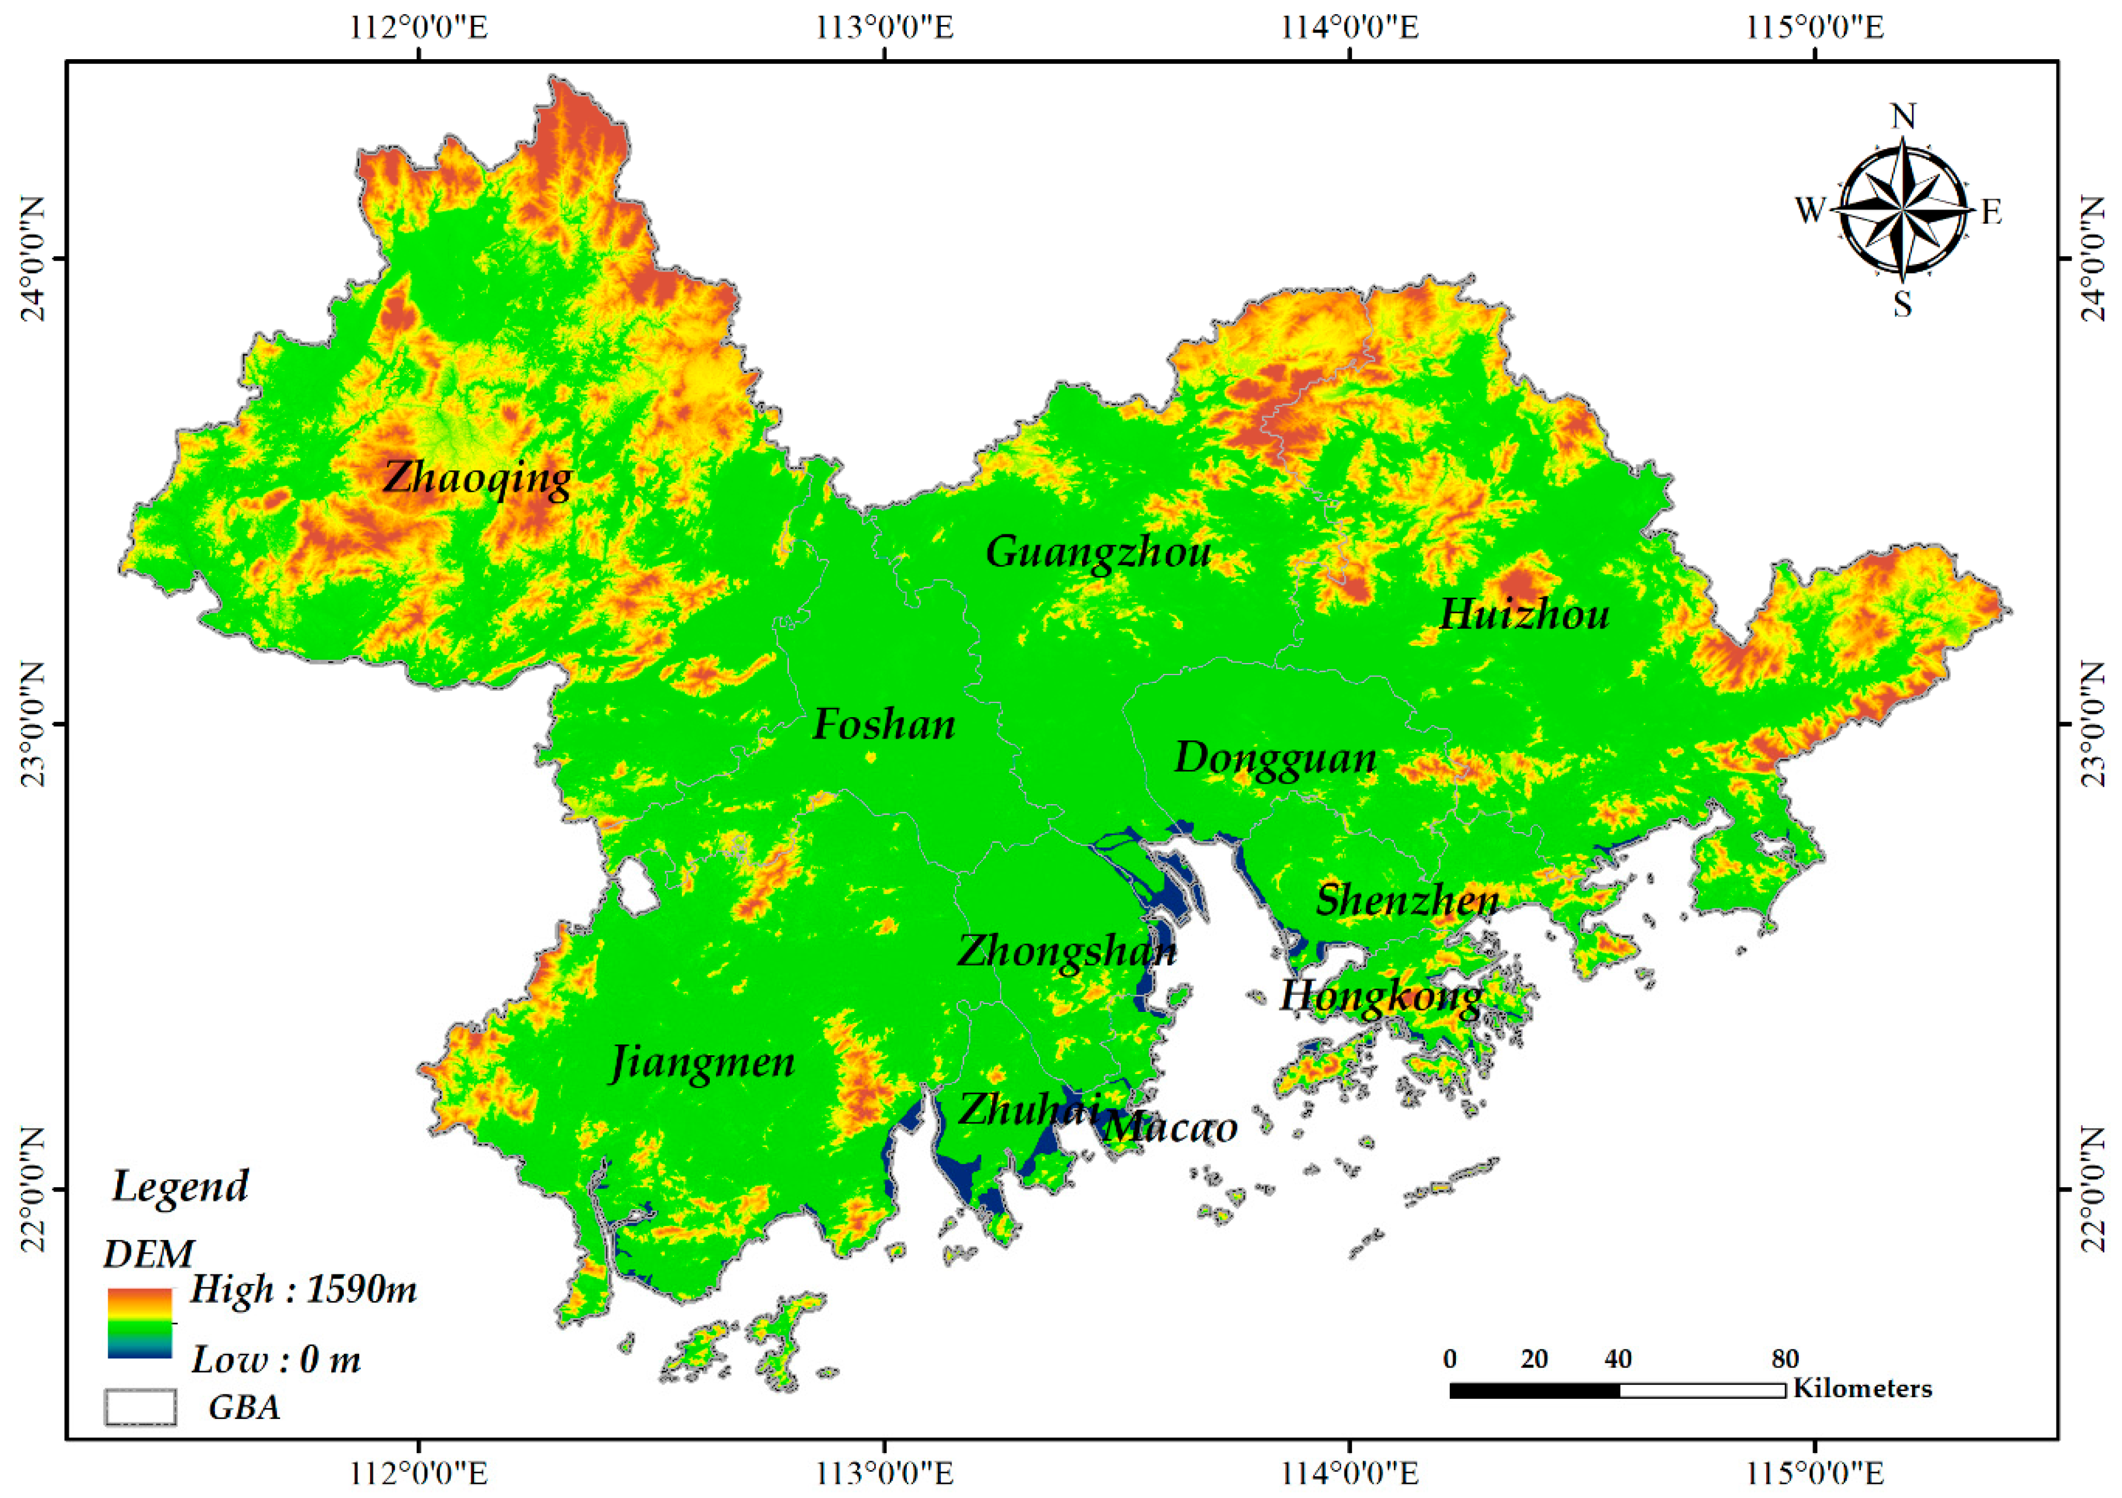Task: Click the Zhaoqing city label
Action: point(478,478)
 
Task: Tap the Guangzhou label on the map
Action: point(1098,553)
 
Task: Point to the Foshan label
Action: point(883,725)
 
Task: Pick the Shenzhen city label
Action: point(1407,900)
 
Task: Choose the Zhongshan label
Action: point(1067,951)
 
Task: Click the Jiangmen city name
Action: point(702,1062)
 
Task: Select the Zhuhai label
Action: point(1028,1109)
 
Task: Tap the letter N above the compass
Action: point(1903,117)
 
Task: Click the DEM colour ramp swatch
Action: point(139,1322)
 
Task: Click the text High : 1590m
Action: point(303,1289)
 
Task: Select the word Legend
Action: point(180,1186)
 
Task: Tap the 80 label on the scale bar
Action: point(1784,1359)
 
